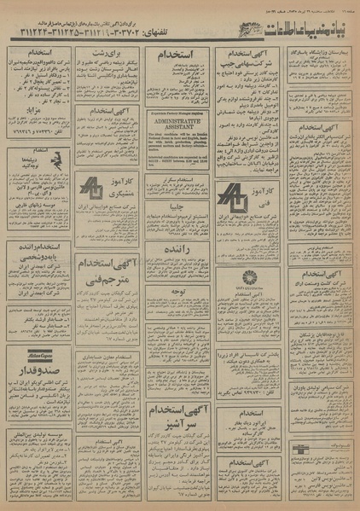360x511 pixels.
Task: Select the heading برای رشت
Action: (107, 53)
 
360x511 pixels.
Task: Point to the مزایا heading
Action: (39, 111)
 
